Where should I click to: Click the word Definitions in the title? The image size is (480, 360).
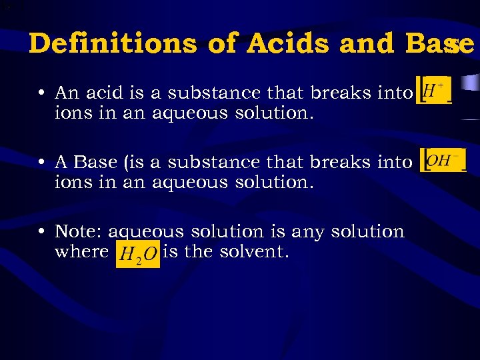coord(113,44)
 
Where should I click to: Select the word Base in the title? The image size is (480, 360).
coord(435,44)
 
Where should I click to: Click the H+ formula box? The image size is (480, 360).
coord(435,90)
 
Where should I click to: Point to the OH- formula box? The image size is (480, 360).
coord(444,160)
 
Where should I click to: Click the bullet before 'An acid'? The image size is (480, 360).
coord(42,92)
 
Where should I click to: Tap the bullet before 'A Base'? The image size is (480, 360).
coord(42,162)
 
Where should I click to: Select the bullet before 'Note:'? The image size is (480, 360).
coord(42,232)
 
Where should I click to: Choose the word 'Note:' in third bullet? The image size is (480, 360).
coord(79,232)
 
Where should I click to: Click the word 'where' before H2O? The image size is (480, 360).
coord(81,252)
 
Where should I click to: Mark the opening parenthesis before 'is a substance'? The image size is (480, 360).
coord(120,162)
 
